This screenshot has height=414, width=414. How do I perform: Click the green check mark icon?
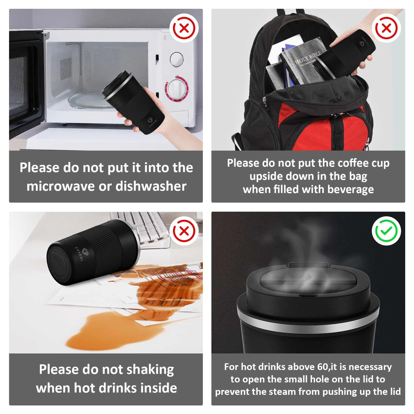386,231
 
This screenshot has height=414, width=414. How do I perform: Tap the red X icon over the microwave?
184,28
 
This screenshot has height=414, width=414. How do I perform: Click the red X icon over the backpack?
386,28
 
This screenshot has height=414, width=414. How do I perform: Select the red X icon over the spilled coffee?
184,231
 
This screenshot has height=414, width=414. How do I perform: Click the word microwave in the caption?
61,186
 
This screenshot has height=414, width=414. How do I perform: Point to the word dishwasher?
151,186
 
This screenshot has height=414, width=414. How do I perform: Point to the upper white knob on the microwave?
176,59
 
